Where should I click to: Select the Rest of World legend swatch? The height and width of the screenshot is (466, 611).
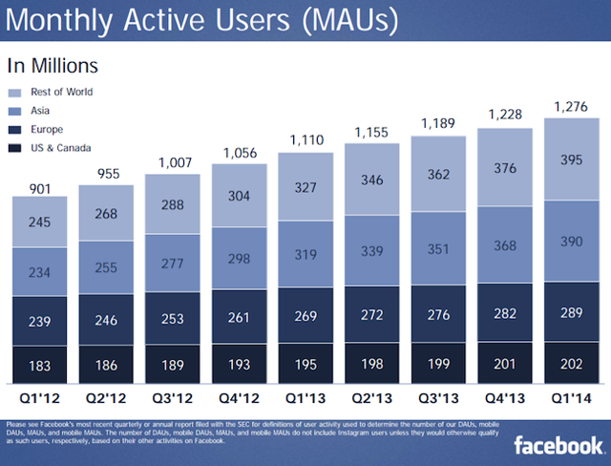coord(16,93)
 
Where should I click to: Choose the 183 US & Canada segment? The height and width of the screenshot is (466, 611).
coord(39,367)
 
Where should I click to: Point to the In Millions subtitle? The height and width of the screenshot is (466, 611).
coord(53,67)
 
